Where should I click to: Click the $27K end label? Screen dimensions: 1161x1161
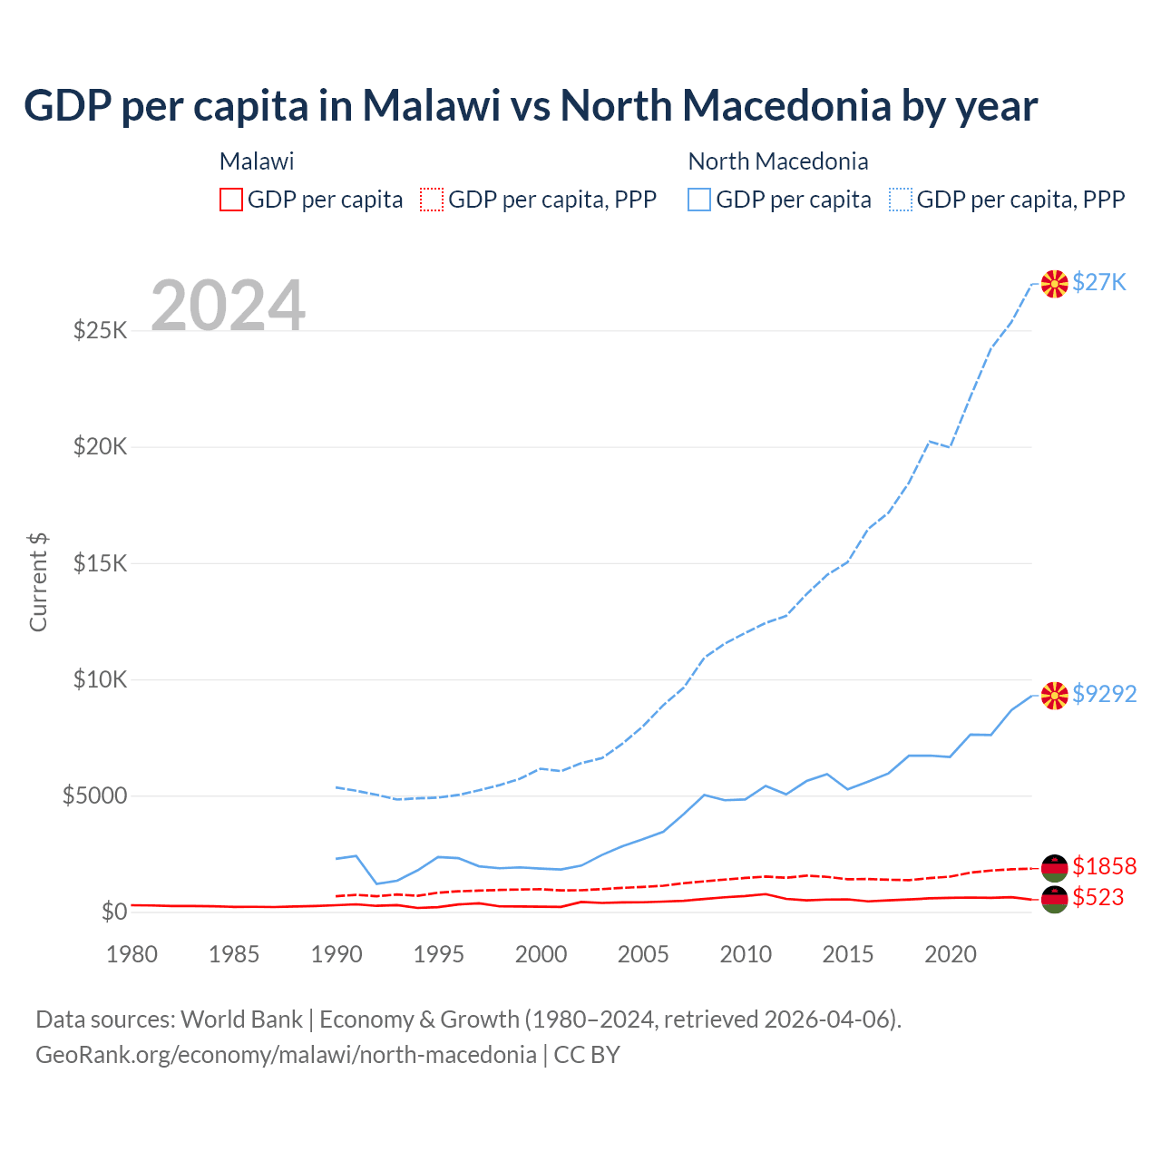(x=1099, y=283)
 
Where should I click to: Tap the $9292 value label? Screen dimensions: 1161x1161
(x=1104, y=694)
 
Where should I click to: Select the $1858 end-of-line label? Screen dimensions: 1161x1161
(x=1104, y=866)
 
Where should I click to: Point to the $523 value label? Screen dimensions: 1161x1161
(x=1098, y=898)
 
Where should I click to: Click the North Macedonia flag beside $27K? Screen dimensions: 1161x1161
(x=1054, y=284)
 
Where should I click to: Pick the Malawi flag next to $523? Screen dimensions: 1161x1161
(x=1054, y=900)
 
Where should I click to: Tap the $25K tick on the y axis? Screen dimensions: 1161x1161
(x=101, y=330)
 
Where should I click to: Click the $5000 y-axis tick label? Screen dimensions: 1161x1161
(x=94, y=796)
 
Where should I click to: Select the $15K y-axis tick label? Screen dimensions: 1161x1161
(x=101, y=563)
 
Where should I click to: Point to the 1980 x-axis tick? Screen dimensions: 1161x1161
(x=132, y=954)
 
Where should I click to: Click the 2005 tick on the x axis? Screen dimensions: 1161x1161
(x=643, y=954)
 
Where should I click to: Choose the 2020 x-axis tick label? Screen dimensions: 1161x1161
(x=950, y=954)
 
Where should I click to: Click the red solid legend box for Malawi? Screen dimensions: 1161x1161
(x=231, y=200)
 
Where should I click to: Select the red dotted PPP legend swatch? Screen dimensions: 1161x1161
(x=432, y=200)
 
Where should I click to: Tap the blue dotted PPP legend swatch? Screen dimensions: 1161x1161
(x=901, y=200)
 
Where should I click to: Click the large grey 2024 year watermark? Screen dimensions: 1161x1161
(x=228, y=307)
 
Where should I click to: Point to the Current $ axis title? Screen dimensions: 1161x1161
(x=38, y=582)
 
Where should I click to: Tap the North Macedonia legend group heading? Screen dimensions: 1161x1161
(x=778, y=161)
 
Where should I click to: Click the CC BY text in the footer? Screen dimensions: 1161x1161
(x=587, y=1055)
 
